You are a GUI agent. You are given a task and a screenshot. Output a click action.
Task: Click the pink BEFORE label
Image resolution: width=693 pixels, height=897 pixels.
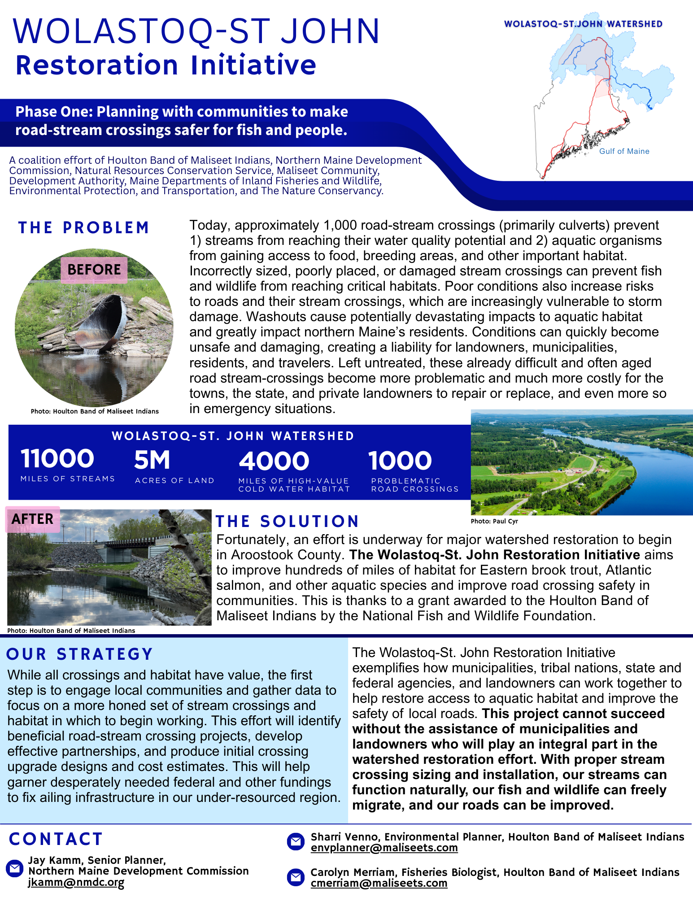pyautogui.click(x=94, y=270)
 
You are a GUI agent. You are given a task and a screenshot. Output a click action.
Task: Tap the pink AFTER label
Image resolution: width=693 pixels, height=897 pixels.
pyautogui.click(x=32, y=519)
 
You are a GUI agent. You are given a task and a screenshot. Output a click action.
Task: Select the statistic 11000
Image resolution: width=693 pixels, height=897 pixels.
pyautogui.click(x=57, y=459)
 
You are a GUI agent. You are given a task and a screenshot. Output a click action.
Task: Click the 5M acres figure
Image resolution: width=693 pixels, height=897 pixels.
pyautogui.click(x=152, y=460)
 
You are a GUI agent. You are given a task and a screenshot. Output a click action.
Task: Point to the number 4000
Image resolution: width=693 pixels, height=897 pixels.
pyautogui.click(x=274, y=461)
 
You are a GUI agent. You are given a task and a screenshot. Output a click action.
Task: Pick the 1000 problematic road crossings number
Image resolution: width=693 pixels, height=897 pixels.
pyautogui.click(x=400, y=461)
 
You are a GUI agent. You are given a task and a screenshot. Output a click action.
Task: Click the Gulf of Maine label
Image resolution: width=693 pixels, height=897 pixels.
pyautogui.click(x=624, y=152)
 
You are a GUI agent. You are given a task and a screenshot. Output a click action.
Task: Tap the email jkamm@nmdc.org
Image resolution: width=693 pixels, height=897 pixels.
pyautogui.click(x=76, y=882)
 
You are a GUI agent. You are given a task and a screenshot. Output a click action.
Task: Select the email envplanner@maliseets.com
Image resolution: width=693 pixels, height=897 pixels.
pyautogui.click(x=384, y=848)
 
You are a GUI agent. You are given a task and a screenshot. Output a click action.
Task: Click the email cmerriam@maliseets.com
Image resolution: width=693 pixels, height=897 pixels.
pyautogui.click(x=379, y=883)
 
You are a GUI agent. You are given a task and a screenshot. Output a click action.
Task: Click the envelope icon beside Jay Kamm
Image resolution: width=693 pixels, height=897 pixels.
pyautogui.click(x=14, y=869)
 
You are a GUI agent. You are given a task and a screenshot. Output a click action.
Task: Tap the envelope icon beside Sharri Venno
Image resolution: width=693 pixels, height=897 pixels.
pyautogui.click(x=296, y=841)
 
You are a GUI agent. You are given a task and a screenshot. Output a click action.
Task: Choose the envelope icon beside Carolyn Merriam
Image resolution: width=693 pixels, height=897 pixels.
pyautogui.click(x=296, y=877)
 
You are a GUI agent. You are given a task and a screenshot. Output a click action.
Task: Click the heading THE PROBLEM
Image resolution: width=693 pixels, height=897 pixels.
pyautogui.click(x=83, y=228)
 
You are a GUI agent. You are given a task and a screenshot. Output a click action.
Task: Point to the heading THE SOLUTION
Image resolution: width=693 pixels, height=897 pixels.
pyautogui.click(x=287, y=521)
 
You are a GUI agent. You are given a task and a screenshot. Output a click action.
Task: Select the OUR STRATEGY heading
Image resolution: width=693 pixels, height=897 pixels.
pyautogui.click(x=80, y=654)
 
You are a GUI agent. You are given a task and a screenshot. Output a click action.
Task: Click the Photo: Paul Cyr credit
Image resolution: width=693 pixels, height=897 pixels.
pyautogui.click(x=494, y=521)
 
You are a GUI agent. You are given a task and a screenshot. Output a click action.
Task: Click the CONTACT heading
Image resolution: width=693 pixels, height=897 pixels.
pyautogui.click(x=56, y=839)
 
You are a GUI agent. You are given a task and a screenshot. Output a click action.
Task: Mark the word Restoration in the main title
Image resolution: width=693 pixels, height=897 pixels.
pyautogui.click(x=97, y=65)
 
